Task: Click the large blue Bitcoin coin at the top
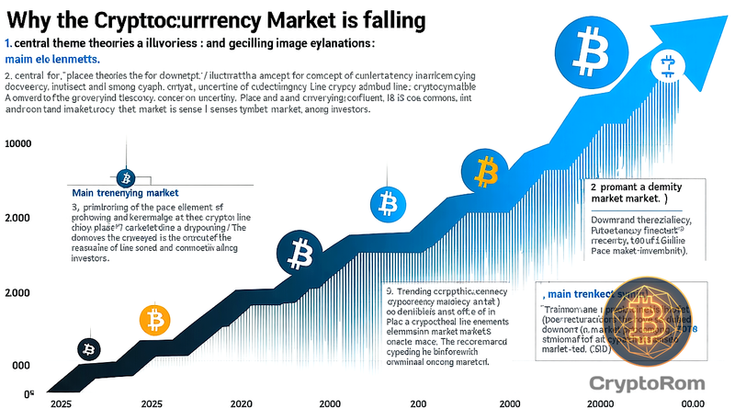pos(587,42)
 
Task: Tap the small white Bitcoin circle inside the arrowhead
pos(664,64)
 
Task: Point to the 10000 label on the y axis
pos(18,144)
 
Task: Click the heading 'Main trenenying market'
pos(126,194)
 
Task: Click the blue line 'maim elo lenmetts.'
pos(56,59)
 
